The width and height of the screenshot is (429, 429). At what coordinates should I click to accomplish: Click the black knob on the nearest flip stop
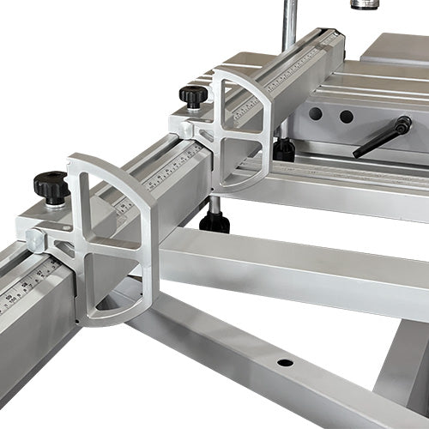pyautogui.click(x=51, y=185)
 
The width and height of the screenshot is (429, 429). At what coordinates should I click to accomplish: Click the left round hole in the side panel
pyautogui.click(x=316, y=113)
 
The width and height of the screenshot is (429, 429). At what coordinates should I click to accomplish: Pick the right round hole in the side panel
pyautogui.click(x=346, y=116)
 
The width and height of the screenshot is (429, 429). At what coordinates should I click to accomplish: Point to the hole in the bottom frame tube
pyautogui.click(x=285, y=362)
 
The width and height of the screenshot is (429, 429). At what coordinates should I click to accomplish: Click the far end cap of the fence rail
pyautogui.click(x=332, y=38)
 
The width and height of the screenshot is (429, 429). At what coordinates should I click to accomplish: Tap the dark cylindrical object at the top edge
pyautogui.click(x=364, y=4)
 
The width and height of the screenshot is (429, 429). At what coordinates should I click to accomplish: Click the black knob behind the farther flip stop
pyautogui.click(x=284, y=149)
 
